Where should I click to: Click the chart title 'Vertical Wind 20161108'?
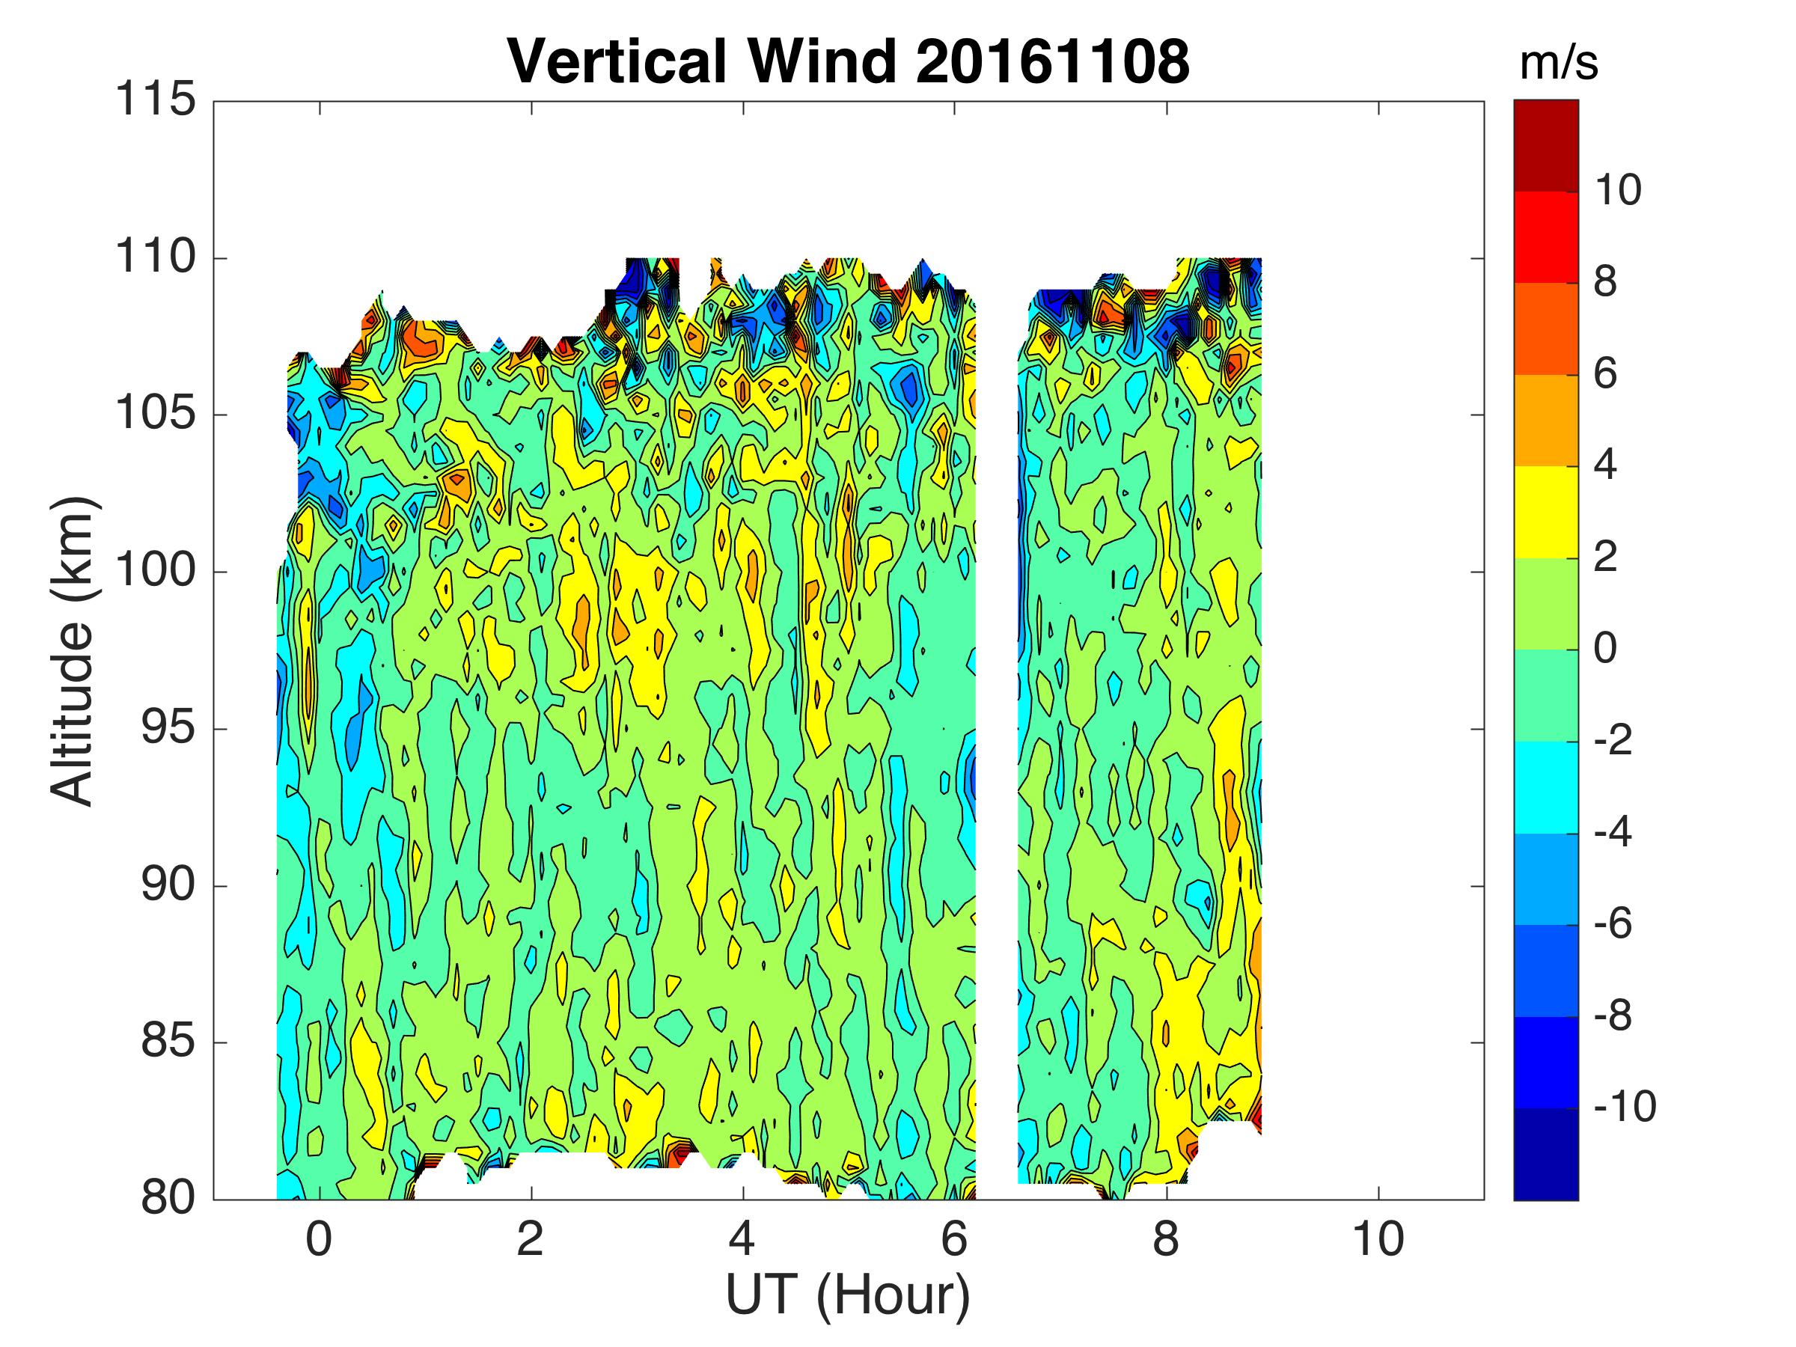coord(848,61)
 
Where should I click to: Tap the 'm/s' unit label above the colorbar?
coord(1558,63)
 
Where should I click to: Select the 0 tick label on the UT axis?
coord(319,1240)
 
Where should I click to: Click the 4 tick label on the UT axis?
coord(742,1240)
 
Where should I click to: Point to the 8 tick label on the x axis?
coord(1166,1240)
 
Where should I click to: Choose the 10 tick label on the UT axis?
coord(1378,1240)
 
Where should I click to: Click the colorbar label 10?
coord(1617,191)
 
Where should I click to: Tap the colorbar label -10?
coord(1625,1108)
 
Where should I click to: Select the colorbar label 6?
coord(1605,374)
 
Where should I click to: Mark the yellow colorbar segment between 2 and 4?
coord(1546,513)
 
